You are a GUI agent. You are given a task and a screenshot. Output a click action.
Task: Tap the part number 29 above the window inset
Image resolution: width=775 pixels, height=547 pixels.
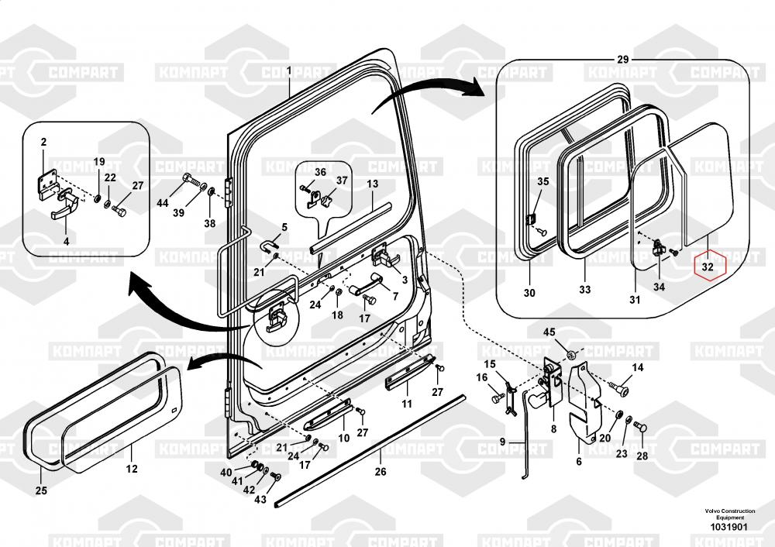pos(623,60)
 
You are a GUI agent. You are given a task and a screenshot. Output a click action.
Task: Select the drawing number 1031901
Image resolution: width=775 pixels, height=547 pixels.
pos(729,527)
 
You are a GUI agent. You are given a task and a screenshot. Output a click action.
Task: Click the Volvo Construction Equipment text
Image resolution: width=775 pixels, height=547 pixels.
pos(730,514)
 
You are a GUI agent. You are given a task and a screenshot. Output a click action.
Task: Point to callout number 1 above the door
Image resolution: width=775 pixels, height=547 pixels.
pos(290,71)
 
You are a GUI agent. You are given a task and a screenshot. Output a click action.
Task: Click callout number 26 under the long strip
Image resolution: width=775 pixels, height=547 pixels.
pos(380,472)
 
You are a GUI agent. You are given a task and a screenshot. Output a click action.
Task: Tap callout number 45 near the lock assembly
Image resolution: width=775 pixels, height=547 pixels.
pos(549,332)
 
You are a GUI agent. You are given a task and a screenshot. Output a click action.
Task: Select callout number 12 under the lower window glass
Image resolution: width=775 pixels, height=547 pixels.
pos(132,469)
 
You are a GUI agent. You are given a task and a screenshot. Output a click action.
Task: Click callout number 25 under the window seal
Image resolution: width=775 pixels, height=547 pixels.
pos(41,490)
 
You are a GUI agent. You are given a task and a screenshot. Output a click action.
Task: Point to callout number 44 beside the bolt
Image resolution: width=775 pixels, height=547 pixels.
pos(163,202)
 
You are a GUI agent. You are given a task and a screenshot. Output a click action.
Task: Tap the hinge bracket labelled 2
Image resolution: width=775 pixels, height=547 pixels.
pos(46,184)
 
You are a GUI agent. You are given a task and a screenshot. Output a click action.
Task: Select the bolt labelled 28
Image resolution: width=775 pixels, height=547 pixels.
pos(641,428)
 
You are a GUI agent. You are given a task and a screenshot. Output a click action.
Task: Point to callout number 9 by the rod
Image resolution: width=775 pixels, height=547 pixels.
pos(502,442)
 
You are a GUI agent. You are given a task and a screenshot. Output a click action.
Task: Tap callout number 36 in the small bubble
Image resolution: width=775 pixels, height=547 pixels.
pos(320,172)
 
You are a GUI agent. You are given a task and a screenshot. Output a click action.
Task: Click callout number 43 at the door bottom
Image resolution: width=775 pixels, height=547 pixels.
pos(260,500)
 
